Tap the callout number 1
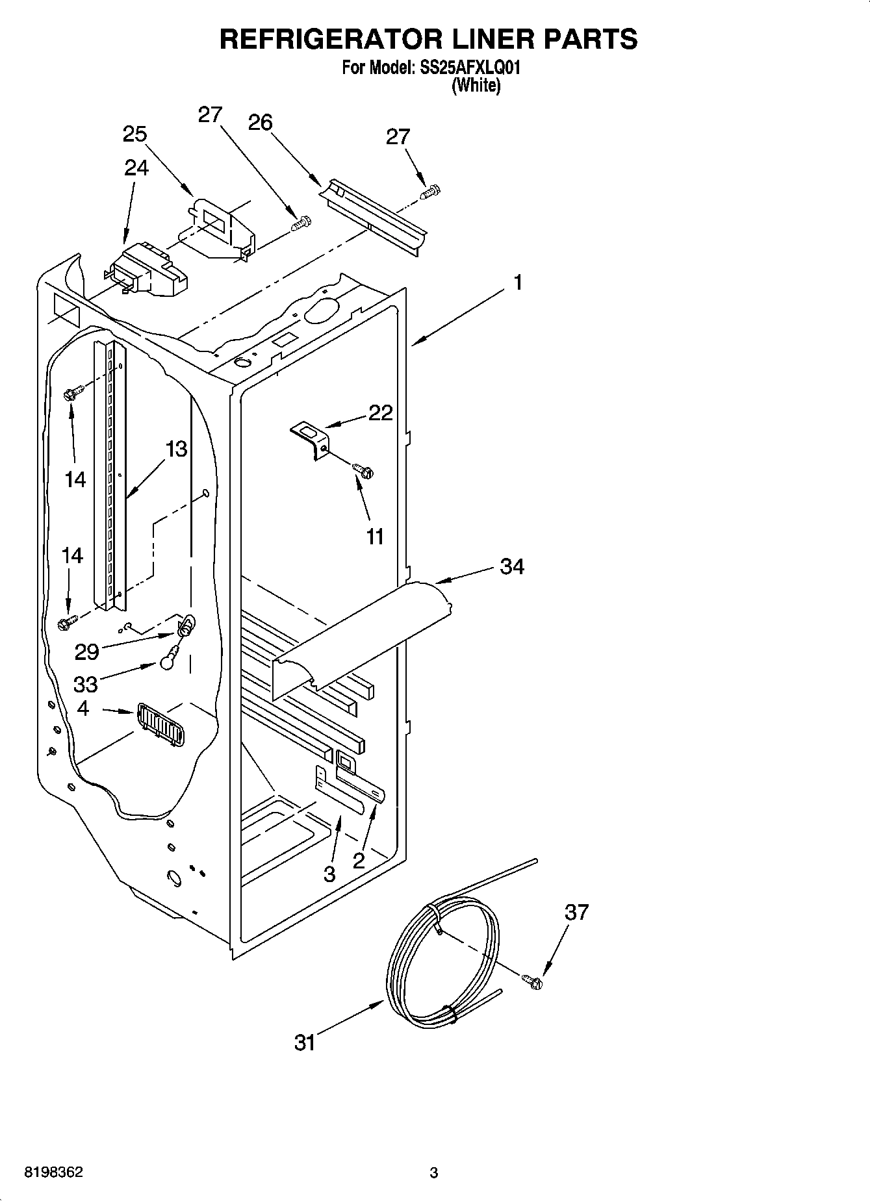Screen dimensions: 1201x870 coord(518,283)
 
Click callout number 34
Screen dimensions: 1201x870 coord(512,566)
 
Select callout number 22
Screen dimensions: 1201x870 coord(381,412)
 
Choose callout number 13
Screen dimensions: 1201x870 coord(176,449)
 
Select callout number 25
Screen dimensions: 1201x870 coord(135,134)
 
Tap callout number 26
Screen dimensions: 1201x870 coord(260,122)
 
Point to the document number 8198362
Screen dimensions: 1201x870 coord(53,1172)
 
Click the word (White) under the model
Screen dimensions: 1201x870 coord(476,84)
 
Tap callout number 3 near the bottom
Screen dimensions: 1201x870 coord(329,874)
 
